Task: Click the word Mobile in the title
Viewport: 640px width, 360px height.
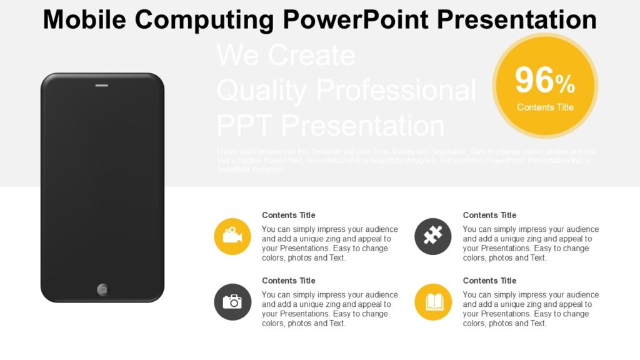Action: [x=84, y=19]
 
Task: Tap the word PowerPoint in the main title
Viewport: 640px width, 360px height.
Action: [x=357, y=19]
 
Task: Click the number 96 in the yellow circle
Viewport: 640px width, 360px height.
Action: [x=534, y=81]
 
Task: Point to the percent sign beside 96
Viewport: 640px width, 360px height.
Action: [x=565, y=83]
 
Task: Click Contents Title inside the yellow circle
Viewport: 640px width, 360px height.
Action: [x=545, y=107]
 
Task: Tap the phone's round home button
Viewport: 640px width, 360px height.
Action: [x=103, y=289]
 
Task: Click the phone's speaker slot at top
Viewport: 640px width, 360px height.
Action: [x=101, y=85]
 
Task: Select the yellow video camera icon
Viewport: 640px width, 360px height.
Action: [x=232, y=236]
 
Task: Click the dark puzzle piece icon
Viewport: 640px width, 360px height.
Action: [x=433, y=236]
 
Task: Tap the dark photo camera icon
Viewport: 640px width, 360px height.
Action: [x=232, y=302]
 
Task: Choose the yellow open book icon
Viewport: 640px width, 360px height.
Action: [x=433, y=302]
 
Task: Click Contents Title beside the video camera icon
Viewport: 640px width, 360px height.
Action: [x=289, y=215]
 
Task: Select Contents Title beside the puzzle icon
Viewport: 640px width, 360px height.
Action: [x=489, y=215]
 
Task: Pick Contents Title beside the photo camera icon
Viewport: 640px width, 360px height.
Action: [x=289, y=281]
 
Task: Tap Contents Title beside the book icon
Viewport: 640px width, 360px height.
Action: [x=489, y=281]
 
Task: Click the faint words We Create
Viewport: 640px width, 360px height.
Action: [x=286, y=55]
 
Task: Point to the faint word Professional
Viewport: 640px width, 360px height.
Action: [x=396, y=90]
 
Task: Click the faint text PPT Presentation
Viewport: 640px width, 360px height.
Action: [x=331, y=126]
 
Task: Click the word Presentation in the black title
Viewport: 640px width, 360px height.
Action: [x=516, y=19]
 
